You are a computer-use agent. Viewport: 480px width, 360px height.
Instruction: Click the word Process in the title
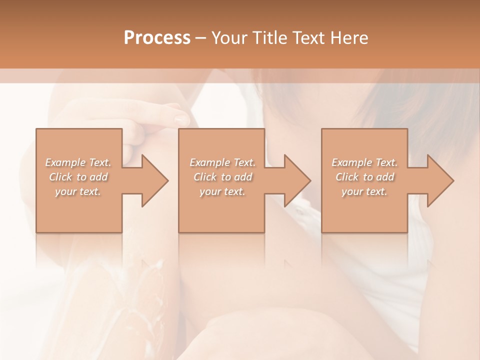(157, 37)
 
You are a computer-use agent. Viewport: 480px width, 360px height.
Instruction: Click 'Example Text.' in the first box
(78, 162)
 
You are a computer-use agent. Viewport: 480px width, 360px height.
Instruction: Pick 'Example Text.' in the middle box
(222, 162)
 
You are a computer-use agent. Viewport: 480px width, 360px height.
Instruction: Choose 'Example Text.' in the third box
(364, 162)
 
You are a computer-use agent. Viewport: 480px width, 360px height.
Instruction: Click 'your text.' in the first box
(78, 191)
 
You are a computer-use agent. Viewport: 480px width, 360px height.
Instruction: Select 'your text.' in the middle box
(222, 191)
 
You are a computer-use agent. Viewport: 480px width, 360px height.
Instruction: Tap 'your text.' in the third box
(364, 191)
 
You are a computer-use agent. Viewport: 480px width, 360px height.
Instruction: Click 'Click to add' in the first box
(78, 177)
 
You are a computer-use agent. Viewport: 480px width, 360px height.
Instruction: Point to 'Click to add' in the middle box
(222, 177)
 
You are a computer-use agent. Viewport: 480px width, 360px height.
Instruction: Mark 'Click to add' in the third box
(364, 177)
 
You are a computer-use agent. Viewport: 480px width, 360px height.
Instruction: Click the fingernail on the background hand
(181, 119)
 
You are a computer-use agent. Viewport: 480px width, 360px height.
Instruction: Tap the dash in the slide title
(200, 38)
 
